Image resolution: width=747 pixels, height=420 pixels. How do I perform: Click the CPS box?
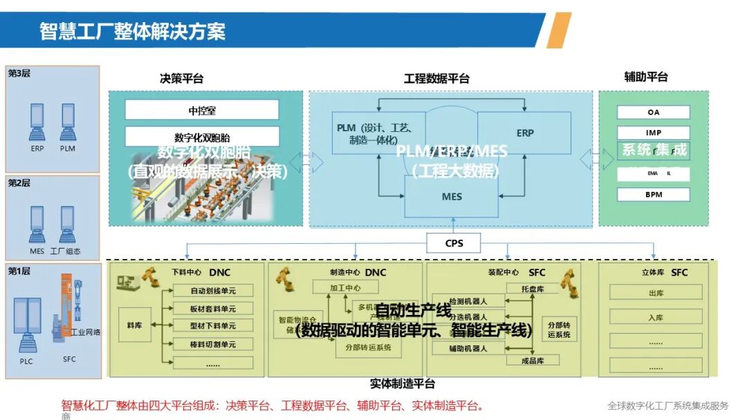pos(454,243)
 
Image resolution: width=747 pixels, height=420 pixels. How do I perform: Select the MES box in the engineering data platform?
pos(452,196)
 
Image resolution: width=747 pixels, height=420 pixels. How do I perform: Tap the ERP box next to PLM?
pos(525,133)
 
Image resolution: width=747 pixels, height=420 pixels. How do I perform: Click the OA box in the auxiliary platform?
pos(654,112)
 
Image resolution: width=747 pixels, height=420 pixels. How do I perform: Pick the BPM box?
pos(654,194)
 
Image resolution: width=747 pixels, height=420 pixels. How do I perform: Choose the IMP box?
pos(654,133)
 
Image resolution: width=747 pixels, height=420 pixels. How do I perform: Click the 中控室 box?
pos(202,110)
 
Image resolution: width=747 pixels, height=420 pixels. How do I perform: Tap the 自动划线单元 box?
pos(213,291)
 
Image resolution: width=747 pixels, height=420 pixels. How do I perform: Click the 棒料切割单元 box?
pos(213,343)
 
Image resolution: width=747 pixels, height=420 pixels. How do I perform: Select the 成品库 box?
pos(533,360)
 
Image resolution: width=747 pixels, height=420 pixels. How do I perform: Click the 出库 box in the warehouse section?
pos(656,292)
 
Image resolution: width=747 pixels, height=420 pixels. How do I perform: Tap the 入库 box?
pos(656,318)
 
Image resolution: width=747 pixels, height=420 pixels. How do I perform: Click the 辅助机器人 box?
pos(468,348)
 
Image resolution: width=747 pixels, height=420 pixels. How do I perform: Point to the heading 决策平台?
pos(182,78)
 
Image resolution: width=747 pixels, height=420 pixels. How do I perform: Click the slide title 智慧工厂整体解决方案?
pos(132,31)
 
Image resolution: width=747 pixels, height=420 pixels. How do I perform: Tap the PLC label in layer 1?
pos(26,360)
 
